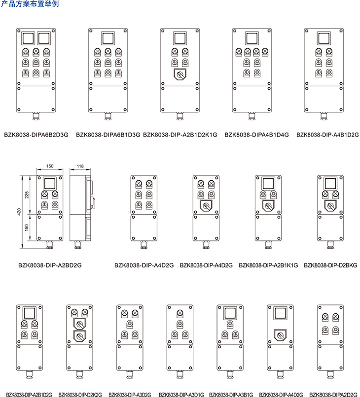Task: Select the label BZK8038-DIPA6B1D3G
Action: (x=108, y=133)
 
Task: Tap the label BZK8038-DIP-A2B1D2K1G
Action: (x=180, y=133)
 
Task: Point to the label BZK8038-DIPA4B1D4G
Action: (x=256, y=133)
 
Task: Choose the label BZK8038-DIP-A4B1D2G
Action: (x=327, y=133)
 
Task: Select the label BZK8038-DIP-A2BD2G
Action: (x=50, y=265)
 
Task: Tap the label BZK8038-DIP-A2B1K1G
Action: (x=268, y=265)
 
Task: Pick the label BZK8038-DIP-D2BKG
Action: (x=330, y=265)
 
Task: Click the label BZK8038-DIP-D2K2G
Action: (x=80, y=394)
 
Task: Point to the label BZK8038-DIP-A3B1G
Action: (x=231, y=394)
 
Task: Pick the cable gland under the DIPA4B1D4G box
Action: (x=251, y=117)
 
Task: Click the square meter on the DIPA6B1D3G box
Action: (x=108, y=38)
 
